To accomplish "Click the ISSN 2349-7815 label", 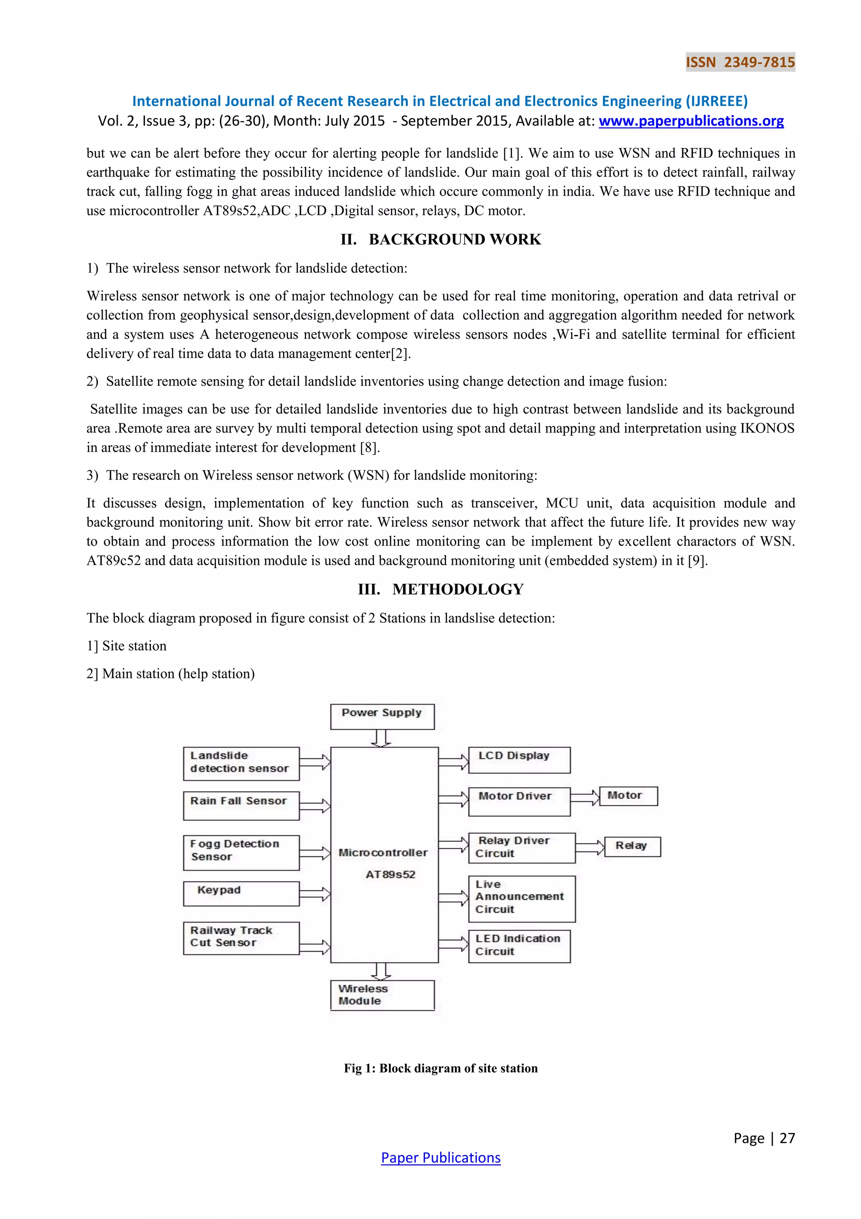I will (x=740, y=62).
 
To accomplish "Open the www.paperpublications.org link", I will (x=691, y=121).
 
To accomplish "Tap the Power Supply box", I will (x=382, y=716).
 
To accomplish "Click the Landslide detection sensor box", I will (x=241, y=763).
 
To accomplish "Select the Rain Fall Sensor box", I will (x=241, y=805).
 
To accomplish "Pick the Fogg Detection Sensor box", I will (x=241, y=852).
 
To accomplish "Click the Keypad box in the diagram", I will (x=241, y=893).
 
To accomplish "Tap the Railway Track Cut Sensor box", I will (x=241, y=937).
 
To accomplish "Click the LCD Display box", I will (x=519, y=760).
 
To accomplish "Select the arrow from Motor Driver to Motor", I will (x=585, y=797).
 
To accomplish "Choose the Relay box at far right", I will (x=632, y=846).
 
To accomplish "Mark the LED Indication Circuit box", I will (x=519, y=945).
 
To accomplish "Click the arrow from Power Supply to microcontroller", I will (x=381, y=738).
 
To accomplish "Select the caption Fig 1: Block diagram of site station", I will (x=440, y=1068).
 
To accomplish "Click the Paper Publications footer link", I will (x=440, y=1158).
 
